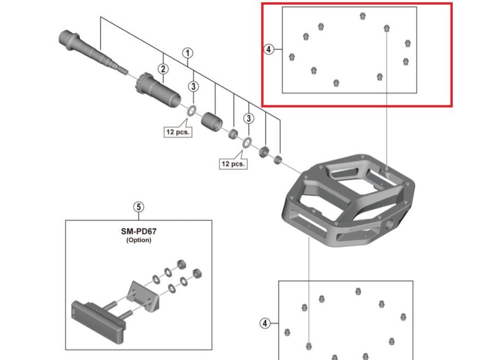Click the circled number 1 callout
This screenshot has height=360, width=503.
pos(188,53)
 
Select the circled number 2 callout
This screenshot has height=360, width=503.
pos(162,69)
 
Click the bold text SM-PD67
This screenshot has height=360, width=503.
pos(138,231)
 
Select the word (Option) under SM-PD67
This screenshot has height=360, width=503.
pos(138,240)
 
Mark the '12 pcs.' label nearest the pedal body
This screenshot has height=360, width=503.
pos(233,163)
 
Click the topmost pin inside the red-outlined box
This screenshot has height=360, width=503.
pos(362,16)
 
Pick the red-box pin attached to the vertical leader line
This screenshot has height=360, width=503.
pos(387,27)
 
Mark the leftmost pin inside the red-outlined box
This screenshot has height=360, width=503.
pos(292,57)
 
